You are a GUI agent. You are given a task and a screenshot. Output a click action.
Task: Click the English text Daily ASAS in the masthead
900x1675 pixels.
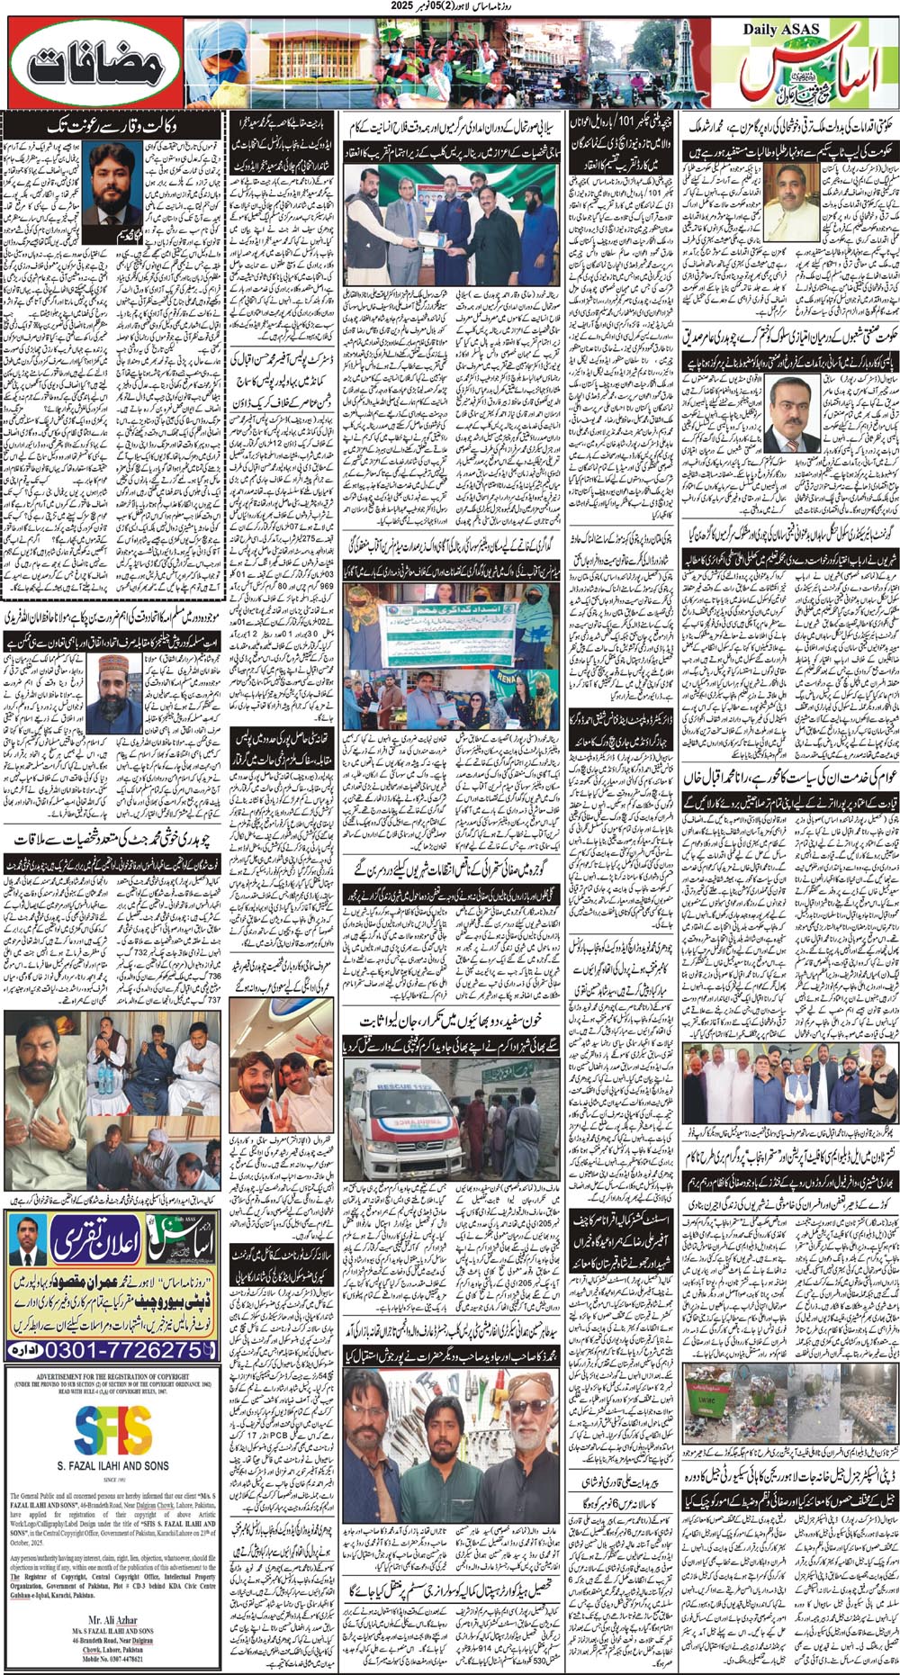coord(781,30)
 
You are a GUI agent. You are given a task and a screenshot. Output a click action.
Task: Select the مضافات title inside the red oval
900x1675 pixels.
coord(94,64)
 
